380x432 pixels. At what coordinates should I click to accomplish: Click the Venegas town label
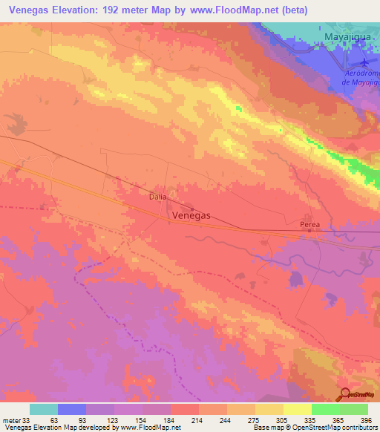pos(191,215)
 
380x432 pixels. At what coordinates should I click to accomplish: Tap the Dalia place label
pos(156,197)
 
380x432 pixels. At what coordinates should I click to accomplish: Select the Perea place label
pos(309,223)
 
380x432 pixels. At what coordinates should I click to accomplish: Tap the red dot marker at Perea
pos(309,231)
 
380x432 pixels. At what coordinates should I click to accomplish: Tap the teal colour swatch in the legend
pos(44,409)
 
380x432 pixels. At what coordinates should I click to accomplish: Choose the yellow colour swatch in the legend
pos(269,409)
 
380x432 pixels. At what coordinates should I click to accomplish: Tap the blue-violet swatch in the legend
pos(72,409)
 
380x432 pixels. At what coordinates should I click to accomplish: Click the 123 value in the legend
pos(100,420)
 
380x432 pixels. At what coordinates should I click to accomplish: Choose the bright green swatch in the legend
pos(326,409)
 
